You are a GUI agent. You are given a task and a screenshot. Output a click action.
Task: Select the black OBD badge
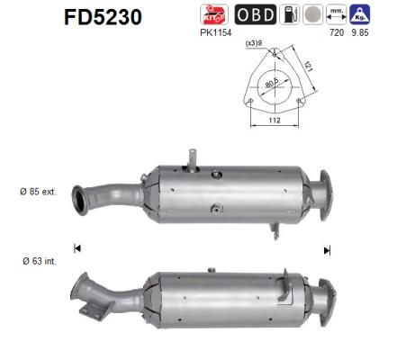256,15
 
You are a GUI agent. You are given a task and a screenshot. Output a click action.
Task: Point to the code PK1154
215,32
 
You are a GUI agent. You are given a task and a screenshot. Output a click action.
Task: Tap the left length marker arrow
77,248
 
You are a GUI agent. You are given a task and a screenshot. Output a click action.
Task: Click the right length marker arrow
327,250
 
